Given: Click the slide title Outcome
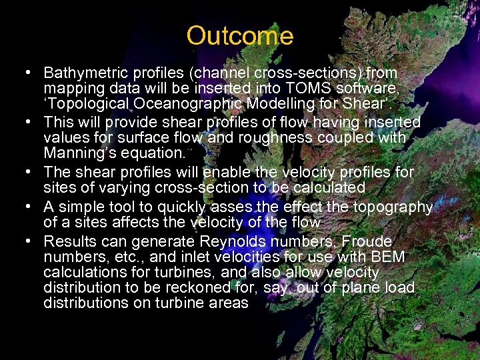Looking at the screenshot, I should pos(239,36).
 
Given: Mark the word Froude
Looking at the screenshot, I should pos(367,241).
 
